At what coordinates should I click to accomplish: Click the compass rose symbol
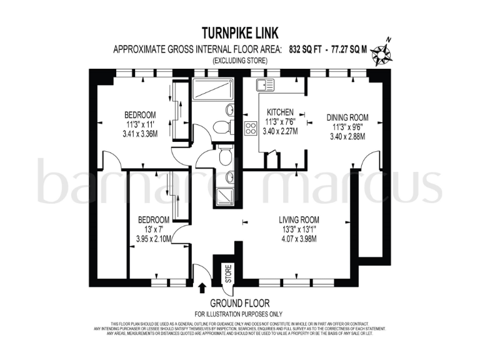click(380, 54)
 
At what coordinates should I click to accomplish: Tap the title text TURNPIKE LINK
click(240, 33)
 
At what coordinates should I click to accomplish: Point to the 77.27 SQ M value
click(350, 49)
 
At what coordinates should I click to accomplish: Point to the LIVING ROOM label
click(299, 219)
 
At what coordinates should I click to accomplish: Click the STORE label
click(228, 273)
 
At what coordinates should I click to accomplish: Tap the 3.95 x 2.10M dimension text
click(153, 239)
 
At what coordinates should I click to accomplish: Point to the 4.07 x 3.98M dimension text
click(299, 239)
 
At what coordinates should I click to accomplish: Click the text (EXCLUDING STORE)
click(240, 61)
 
